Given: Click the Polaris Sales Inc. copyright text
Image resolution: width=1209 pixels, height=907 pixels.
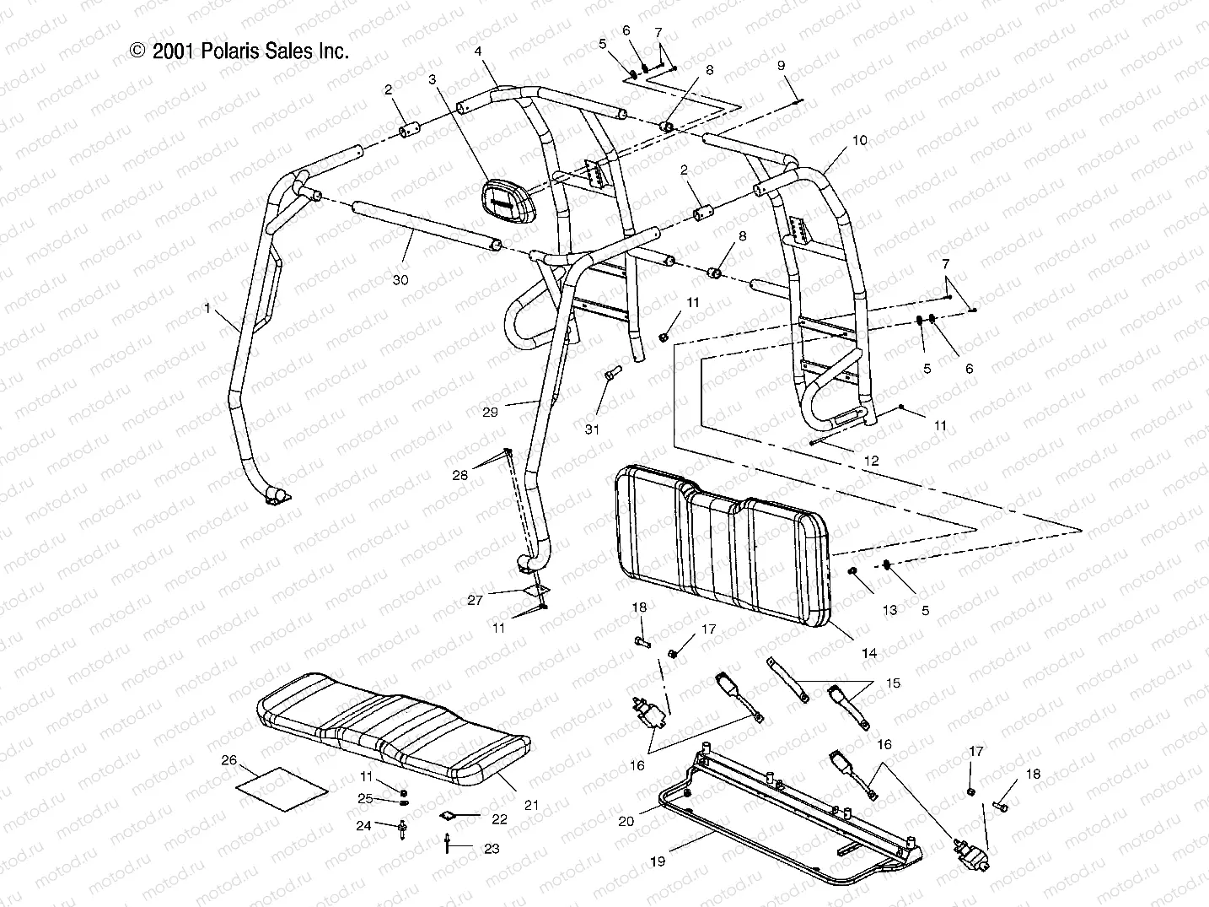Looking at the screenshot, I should tap(239, 51).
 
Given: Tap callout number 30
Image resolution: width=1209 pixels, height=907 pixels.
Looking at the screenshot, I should tap(400, 279).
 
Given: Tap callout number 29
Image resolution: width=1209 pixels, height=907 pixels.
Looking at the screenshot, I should tap(491, 412).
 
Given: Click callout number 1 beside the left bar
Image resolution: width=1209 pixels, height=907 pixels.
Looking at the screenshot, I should tap(207, 310).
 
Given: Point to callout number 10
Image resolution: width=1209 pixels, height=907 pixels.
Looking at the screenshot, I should tap(859, 141).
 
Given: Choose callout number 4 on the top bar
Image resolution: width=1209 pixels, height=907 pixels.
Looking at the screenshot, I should tap(478, 51).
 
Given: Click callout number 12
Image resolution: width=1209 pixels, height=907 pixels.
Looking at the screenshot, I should tap(872, 461).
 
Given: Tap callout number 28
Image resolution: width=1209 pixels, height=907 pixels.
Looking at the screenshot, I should tap(459, 476).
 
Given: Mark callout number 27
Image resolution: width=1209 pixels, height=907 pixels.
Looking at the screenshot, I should tap(475, 600).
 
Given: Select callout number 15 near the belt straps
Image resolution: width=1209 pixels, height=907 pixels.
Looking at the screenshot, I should tap(892, 683).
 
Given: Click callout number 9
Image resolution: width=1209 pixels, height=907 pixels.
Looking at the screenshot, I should tap(781, 66).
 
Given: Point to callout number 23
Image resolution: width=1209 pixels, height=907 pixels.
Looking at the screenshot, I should tap(492, 849).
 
